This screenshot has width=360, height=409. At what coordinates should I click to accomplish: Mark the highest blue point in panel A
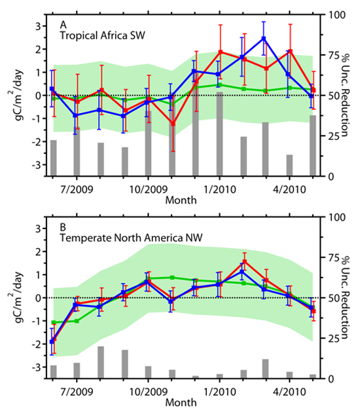click(x=264, y=39)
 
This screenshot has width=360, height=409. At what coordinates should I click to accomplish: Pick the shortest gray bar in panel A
click(x=289, y=165)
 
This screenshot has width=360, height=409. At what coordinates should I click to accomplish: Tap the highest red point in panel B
click(x=244, y=262)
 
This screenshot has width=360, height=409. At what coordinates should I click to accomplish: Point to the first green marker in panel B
click(x=53, y=322)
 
